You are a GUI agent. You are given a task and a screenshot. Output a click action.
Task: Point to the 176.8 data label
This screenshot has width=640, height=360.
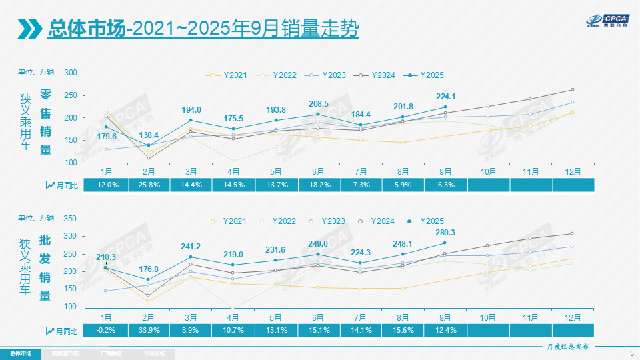148,269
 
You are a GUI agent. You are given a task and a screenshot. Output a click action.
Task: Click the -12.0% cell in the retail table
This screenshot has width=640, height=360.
106,185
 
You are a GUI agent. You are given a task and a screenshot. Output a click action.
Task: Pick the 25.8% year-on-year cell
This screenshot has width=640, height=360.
148,185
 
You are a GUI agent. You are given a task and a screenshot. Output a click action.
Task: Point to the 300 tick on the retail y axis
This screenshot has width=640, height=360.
71,73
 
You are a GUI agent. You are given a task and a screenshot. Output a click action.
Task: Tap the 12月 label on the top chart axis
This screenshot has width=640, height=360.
572,171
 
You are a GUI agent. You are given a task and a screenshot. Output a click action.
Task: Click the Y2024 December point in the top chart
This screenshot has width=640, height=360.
572,89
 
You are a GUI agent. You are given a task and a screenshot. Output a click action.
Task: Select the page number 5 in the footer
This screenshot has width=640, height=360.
631,353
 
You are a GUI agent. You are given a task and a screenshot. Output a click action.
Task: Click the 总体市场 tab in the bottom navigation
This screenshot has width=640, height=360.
20,353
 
